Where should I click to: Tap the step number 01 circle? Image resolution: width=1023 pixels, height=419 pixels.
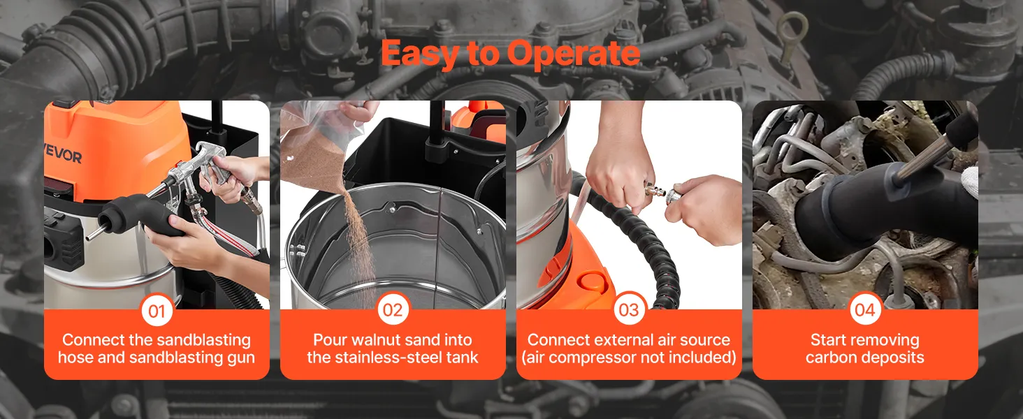click(157, 310)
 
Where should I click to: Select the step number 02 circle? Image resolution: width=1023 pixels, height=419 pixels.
click(393, 309)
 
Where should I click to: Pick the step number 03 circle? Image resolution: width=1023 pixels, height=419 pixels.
click(629, 309)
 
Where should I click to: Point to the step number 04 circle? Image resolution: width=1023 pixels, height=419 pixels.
click(864, 309)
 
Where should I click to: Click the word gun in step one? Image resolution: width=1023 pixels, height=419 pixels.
click(240, 358)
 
